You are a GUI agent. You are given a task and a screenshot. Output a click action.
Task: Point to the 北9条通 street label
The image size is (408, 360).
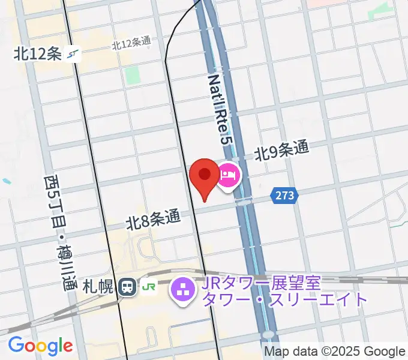coord(281,151)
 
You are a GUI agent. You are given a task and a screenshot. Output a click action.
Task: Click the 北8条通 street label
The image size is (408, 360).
coord(153,220)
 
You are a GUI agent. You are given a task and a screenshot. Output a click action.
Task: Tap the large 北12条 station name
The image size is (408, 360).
coord(38,55)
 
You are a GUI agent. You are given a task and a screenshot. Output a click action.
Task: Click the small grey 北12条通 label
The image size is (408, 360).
coord(131,43)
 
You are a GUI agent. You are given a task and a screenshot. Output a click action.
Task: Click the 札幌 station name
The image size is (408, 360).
coord(98,287)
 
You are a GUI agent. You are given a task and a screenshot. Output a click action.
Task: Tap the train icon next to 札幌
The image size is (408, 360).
coord(127,287)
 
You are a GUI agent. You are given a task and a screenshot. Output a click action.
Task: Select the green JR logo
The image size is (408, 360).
coord(149,287)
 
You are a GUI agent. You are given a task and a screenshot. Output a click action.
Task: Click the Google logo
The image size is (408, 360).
coord(40,346)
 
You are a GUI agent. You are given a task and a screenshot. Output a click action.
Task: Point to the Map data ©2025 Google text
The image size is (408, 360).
coord(334,352)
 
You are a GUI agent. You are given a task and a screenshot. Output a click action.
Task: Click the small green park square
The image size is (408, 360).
coord(132,75)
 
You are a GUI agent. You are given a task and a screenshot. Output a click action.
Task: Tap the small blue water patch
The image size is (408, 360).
coord(6,180)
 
